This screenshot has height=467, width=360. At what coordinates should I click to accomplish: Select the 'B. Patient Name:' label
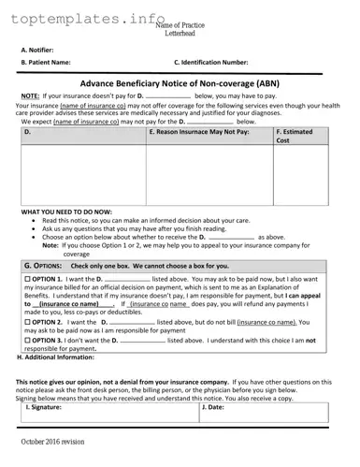click(46, 62)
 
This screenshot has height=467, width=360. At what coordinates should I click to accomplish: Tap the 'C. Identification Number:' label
click(210, 62)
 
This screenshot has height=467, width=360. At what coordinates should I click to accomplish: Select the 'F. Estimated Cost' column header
click(300, 137)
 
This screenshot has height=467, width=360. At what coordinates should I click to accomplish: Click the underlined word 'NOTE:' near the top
click(30, 95)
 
